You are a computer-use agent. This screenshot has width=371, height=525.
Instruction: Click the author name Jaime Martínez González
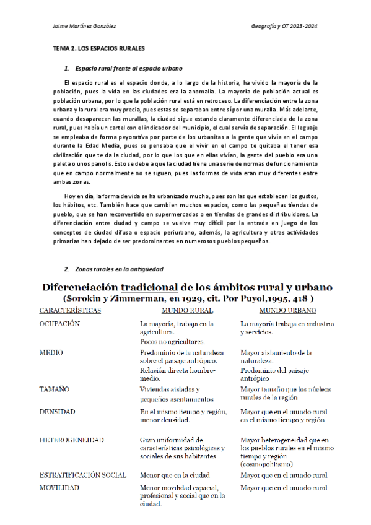(x=85, y=26)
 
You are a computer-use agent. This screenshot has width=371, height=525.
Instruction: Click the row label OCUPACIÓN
(x=59, y=324)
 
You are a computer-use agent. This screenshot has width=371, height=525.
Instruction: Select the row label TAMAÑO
(x=55, y=389)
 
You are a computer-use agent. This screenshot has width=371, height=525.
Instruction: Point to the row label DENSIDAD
(x=58, y=410)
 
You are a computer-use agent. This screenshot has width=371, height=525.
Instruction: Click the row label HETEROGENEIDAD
(x=71, y=440)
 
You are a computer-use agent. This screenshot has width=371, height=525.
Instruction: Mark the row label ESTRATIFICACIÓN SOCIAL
(x=82, y=475)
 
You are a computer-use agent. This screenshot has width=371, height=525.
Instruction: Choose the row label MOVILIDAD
(x=59, y=488)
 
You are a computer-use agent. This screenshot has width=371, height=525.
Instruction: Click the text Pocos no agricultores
(x=173, y=341)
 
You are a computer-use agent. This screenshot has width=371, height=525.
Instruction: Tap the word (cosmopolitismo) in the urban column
(x=268, y=463)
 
